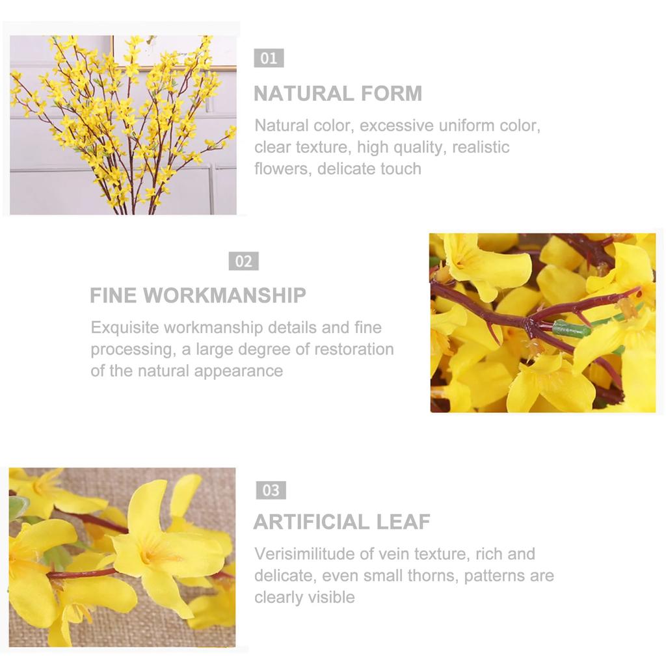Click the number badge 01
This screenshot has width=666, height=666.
(x=269, y=59)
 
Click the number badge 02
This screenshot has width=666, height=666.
(x=243, y=261)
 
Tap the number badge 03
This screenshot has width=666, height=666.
(x=271, y=490)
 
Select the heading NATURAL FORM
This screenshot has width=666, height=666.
(x=338, y=94)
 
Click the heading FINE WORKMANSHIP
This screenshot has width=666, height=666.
(x=198, y=295)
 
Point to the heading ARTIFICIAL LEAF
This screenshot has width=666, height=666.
(x=341, y=522)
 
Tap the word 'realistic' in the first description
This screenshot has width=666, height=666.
(x=481, y=147)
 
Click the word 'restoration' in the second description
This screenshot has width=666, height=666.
(x=354, y=349)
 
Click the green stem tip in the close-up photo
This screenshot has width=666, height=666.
(x=572, y=328)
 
